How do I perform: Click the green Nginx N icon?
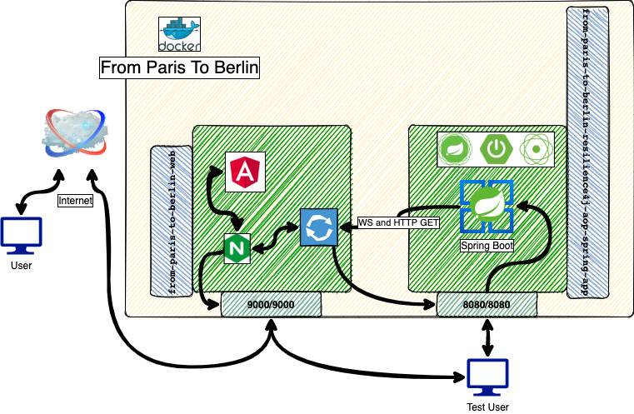(x=237, y=249)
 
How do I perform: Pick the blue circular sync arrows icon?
(x=317, y=227)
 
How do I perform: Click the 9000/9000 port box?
(x=271, y=305)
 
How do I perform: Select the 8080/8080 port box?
(x=487, y=305)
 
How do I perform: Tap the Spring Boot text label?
(x=486, y=247)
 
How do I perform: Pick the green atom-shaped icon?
(x=536, y=147)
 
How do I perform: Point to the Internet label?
(x=75, y=201)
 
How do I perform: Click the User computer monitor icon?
(x=21, y=236)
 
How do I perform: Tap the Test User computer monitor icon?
(x=487, y=378)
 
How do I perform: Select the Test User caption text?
(x=487, y=407)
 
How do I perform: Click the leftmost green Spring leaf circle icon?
(x=456, y=147)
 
